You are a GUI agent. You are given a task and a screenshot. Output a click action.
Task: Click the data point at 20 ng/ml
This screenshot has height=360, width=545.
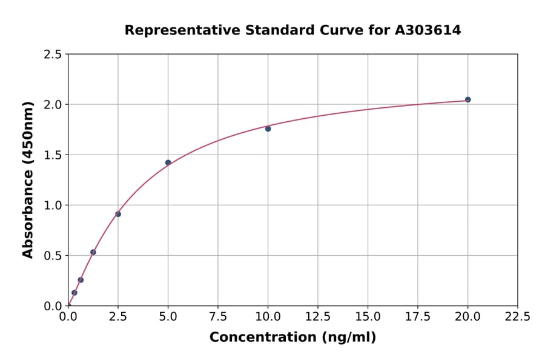point(467,99)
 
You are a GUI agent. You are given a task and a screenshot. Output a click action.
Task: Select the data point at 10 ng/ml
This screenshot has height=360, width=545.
point(268,128)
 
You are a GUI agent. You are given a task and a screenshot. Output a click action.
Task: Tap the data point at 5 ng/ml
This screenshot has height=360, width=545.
point(168,162)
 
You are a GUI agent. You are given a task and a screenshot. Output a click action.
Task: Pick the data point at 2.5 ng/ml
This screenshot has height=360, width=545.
point(118,214)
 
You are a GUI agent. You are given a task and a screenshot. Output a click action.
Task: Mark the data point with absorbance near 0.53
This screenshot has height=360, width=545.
point(93,252)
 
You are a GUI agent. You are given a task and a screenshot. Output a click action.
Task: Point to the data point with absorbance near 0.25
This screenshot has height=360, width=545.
point(81,280)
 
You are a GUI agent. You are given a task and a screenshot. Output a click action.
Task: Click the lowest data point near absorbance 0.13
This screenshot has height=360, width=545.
point(74,293)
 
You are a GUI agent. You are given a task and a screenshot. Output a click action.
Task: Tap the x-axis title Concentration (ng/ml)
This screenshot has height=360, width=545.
point(292,338)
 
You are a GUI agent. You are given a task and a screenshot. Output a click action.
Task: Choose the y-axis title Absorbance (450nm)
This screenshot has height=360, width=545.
point(28,179)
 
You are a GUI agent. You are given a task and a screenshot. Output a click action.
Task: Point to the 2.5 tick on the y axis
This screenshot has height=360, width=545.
point(53,55)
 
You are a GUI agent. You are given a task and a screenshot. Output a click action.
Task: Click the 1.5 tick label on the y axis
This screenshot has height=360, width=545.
point(53,155)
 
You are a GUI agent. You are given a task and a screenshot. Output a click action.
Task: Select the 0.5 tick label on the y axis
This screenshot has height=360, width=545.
point(53,256)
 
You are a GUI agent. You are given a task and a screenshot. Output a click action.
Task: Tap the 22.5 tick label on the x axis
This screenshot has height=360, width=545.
point(517,316)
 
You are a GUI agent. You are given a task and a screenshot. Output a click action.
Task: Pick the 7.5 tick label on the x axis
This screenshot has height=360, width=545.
point(218,316)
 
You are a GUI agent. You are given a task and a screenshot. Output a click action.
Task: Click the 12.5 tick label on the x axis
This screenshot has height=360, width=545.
point(318,316)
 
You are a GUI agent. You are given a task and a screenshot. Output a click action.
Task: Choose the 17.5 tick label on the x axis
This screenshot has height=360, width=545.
point(418,316)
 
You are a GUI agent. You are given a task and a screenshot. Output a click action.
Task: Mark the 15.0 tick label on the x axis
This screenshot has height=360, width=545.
point(368,316)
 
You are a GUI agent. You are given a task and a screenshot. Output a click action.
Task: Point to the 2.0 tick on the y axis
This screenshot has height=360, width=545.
point(53,105)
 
